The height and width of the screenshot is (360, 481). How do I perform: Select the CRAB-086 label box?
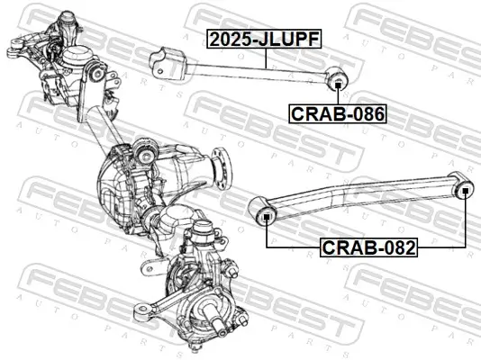pyautogui.click(x=337, y=113)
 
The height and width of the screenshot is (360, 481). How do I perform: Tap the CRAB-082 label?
pyautogui.click(x=368, y=247)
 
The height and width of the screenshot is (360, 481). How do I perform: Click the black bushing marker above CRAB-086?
pyautogui.click(x=338, y=83)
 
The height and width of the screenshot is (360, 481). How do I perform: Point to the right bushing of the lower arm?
pyautogui.click(x=465, y=189)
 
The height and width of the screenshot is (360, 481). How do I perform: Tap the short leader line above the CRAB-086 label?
pyautogui.click(x=338, y=96)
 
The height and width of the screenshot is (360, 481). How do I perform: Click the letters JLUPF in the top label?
pyautogui.click(x=291, y=39)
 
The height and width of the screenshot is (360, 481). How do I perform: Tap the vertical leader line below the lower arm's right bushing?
pyautogui.click(x=465, y=220)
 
